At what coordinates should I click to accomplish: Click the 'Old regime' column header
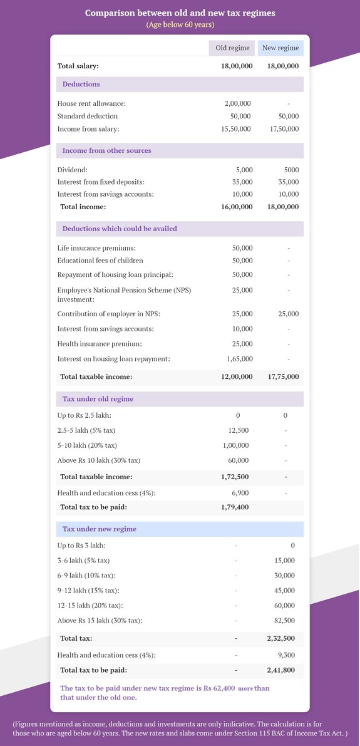[x=232, y=48]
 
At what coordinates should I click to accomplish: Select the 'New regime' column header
[x=280, y=48]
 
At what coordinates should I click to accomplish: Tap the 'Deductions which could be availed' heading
[x=120, y=229]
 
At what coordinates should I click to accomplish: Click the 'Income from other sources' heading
[x=106, y=150]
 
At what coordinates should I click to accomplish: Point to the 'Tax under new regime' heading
[x=99, y=529]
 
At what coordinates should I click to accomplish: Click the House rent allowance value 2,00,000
[x=237, y=103]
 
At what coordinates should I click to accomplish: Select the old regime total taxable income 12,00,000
[x=237, y=377]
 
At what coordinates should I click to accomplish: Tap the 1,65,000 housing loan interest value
[x=239, y=359]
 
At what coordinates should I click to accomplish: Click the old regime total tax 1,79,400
[x=235, y=507]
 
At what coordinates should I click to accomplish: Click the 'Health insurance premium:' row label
[x=99, y=344]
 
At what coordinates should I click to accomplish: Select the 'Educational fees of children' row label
[x=100, y=261]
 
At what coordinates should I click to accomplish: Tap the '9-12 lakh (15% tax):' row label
[x=88, y=590]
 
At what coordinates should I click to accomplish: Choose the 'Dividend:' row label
[x=72, y=170]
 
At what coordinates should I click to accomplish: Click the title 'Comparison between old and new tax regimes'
[x=180, y=13]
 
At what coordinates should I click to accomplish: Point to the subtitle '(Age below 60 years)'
[x=180, y=25]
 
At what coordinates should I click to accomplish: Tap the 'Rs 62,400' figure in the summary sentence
[x=219, y=688]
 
